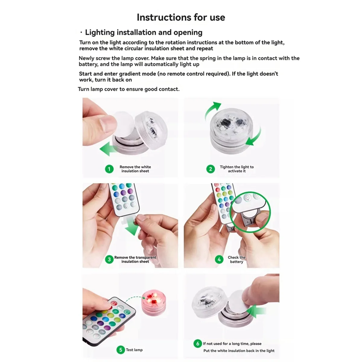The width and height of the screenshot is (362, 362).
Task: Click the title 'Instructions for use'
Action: pos(181,17)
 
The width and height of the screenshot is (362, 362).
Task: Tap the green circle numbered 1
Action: pos(109,169)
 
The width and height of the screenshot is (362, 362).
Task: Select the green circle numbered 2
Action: pos(211,169)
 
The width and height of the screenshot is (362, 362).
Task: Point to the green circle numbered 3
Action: pos(109,259)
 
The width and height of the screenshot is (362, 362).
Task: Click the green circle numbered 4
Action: pos(219,259)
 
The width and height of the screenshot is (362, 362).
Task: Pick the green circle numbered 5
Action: pos(121,350)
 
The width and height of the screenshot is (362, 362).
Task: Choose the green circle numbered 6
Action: pos(198,344)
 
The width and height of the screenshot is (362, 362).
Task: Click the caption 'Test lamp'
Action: pos(134,350)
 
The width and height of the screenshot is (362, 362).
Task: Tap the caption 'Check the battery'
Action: pos(237,259)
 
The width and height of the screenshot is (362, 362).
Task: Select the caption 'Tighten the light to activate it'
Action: pos(237,169)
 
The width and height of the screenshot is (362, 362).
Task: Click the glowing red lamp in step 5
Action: pos(154,303)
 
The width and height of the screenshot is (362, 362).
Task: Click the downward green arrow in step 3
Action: pos(132,226)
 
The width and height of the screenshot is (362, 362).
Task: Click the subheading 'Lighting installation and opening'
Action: pos(144,32)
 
